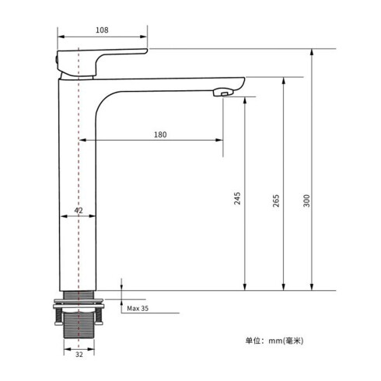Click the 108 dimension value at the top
pos(102,30)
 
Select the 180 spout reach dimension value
pos(160,135)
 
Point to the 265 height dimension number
pos(275,200)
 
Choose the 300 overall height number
pos(306,200)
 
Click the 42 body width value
pos(79,211)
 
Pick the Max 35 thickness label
pos(138,309)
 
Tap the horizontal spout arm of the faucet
pos(171,82)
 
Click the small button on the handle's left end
pos(60,58)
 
